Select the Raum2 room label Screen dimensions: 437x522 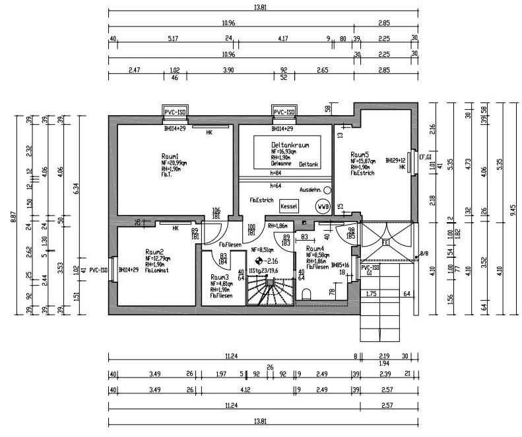pos(154,252)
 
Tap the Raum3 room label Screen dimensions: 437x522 pos(220,277)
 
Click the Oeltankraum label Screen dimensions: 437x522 pos(290,144)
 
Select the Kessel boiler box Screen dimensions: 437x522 pos(289,206)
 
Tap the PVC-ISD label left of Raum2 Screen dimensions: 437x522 pos(99,270)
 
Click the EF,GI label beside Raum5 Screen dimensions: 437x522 pos(425,157)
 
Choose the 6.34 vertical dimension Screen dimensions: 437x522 pos(77,188)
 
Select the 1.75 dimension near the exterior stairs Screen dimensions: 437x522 pos(371,293)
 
